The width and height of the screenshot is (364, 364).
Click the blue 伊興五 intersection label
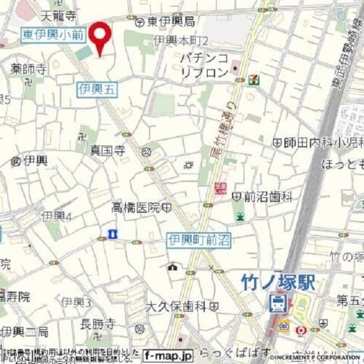point(98,89)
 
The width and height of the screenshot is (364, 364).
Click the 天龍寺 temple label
point(58,14)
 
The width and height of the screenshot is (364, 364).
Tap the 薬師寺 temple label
point(28,68)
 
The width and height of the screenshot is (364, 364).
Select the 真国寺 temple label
point(107,149)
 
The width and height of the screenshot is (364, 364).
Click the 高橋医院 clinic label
point(136,207)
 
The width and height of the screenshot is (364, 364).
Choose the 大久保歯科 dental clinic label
point(176,306)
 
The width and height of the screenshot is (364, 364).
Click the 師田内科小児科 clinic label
point(318,142)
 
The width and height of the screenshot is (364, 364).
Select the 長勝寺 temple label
point(96,323)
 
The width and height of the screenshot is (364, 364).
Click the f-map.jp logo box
point(168,354)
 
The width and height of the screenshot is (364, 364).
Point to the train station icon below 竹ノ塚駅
point(278,303)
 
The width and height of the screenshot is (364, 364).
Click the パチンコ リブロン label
point(204,64)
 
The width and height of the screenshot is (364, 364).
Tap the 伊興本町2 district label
point(181,40)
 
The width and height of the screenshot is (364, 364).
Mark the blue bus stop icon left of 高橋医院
point(112,234)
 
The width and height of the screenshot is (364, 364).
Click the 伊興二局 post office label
point(24,332)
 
